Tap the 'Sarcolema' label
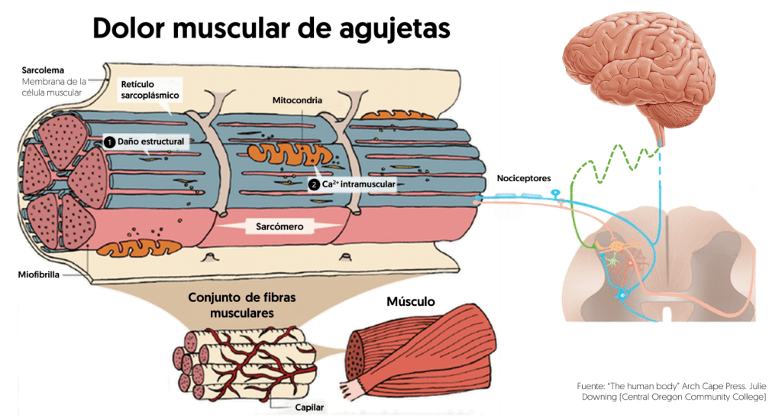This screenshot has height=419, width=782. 44,69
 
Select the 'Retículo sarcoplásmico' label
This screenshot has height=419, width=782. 150,89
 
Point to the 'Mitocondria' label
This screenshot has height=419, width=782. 297,100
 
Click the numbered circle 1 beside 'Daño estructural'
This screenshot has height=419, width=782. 108,141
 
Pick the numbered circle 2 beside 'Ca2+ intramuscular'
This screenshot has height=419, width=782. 314,184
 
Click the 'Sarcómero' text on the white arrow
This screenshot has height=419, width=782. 279,227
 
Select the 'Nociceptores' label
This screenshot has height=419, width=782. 523,177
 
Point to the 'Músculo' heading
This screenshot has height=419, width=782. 411,301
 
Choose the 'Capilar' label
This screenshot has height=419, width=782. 309,408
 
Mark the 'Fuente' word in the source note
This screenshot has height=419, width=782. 591,386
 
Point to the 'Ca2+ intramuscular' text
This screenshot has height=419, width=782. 357,184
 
